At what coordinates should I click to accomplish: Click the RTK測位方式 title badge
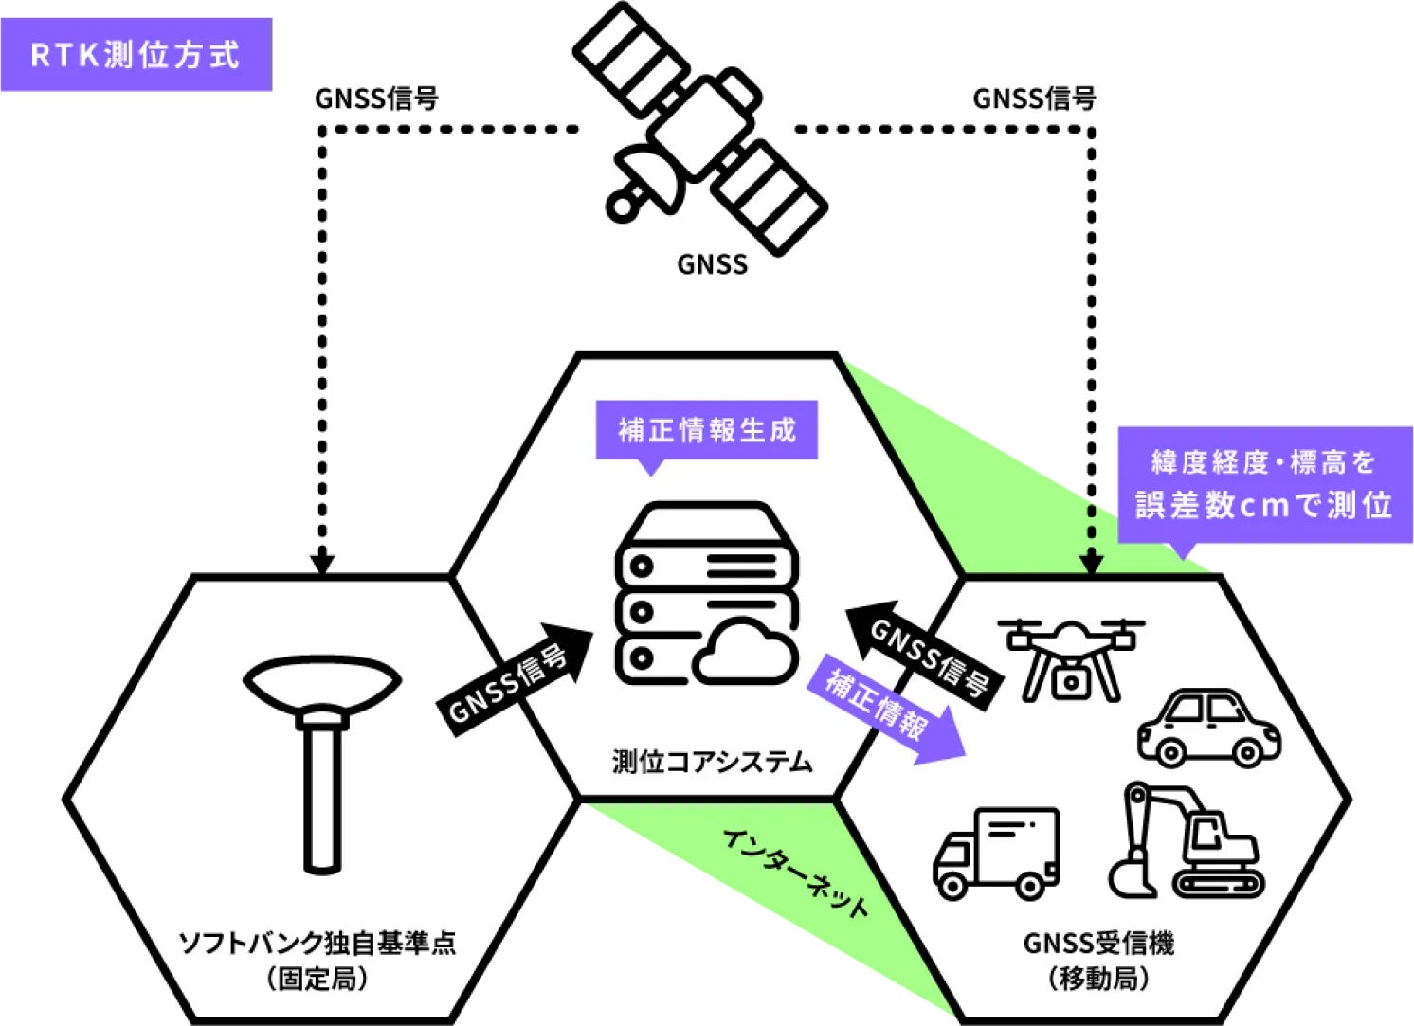136,54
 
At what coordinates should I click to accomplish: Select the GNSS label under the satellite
712,264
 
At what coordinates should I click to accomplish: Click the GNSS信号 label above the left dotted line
375,99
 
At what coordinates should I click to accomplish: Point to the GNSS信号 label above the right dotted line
1034,99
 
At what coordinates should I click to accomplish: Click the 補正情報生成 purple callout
706,431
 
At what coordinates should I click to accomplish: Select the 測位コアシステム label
712,762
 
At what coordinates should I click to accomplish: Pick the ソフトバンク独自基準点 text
317,944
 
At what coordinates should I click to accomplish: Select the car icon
1208,728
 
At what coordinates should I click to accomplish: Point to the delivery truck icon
996,853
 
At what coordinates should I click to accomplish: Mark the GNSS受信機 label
1098,944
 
